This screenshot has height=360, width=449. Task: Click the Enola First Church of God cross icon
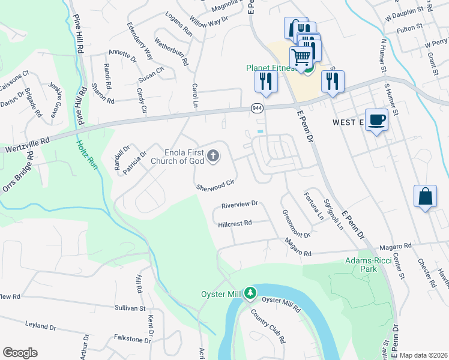tap(212, 157)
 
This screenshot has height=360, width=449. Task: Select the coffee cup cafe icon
tap(376, 119)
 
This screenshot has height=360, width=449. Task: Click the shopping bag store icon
tap(425, 196)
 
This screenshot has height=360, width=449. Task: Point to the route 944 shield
tap(257, 107)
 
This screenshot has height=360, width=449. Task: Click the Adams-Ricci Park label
tap(361, 265)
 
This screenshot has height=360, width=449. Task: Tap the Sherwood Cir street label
tap(215, 185)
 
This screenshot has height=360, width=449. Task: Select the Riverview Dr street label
tap(239, 204)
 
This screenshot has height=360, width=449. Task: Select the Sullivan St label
tap(130, 308)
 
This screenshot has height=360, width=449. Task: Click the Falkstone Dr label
tap(131, 340)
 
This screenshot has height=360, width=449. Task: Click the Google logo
tap(20, 353)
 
